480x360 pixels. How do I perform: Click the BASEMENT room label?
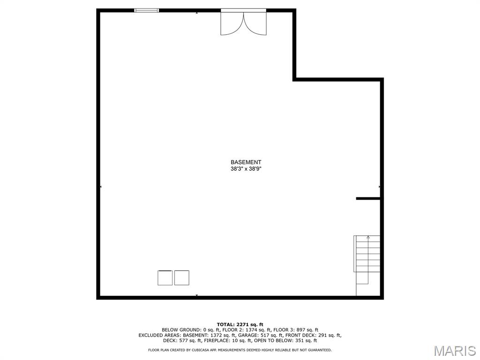pos(246,162)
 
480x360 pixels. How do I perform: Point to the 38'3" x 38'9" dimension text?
pos(246,169)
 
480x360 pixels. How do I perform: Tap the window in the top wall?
pos(147,11)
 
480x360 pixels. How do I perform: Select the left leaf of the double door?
pos(232,23)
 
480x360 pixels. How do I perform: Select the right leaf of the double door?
pos(255,23)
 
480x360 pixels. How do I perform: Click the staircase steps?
pos(367,254)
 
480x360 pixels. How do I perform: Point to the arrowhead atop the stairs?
pos(368,237)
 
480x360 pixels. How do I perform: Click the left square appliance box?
pos(165,278)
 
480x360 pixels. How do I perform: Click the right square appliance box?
pos(182,278)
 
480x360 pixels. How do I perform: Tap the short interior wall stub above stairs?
pos(368,199)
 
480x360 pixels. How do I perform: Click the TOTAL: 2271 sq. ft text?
pos(240,324)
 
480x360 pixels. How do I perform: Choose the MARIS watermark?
pos(455,351)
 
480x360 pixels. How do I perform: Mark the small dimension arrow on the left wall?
pos(101,187)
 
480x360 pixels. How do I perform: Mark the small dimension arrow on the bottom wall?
pos(196,295)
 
